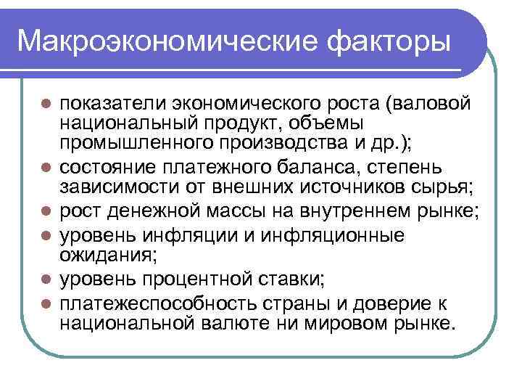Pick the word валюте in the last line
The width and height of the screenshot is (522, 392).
coord(237,322)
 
